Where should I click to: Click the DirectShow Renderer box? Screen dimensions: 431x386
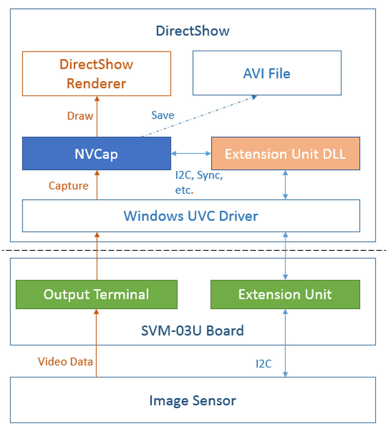coord(96,73)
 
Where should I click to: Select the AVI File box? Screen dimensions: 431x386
coord(267,73)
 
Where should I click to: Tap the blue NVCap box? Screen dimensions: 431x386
coord(96,153)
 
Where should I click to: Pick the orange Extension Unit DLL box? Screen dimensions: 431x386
coord(285,153)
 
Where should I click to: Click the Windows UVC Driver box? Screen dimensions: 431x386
coord(191,215)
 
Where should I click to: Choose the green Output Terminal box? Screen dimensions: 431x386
coord(96,294)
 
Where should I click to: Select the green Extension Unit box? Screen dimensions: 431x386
coord(285,294)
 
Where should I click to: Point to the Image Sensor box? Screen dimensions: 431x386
coord(193,400)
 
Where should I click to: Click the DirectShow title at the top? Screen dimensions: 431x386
coord(193,31)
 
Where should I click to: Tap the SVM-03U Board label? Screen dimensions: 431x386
coord(193,331)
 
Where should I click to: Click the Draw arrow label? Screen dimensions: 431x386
coord(80,116)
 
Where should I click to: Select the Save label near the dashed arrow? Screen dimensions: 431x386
coord(163,115)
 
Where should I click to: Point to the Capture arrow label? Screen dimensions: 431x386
coord(68,186)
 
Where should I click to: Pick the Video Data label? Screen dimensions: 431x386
coord(65,361)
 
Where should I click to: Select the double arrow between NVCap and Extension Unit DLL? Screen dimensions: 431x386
coord(191,153)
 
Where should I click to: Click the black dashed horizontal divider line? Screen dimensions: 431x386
coord(193,250)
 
